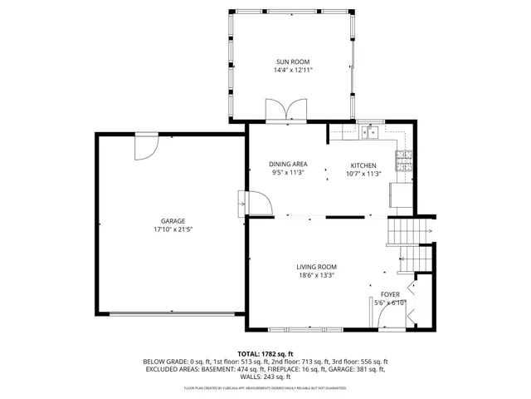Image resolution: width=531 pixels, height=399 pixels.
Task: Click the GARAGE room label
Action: [x=173, y=220]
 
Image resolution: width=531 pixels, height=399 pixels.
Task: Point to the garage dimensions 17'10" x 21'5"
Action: [x=173, y=229]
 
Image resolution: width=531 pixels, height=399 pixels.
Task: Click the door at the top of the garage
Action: [x=145, y=147]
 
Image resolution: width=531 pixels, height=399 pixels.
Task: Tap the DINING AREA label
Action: [x=288, y=165]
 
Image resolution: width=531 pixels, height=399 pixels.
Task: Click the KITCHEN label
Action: [x=363, y=165]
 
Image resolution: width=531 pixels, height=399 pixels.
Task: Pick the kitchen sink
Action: [x=370, y=131]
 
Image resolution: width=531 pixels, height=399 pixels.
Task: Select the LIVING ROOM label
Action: [x=317, y=267]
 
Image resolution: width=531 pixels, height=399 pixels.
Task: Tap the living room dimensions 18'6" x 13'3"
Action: [x=317, y=277]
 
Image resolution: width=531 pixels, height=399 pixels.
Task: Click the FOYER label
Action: [x=390, y=294]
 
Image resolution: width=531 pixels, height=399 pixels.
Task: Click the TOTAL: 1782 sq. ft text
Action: [x=265, y=353]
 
